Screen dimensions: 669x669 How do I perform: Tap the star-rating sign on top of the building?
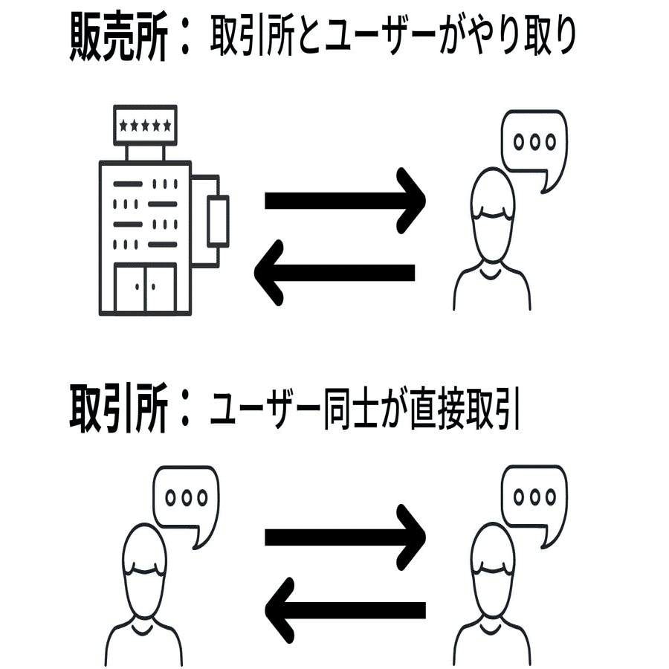pyautogui.click(x=145, y=125)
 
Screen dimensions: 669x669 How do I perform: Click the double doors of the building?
pyautogui.click(x=146, y=288)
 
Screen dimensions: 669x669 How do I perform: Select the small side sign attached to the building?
pyautogui.click(x=218, y=221)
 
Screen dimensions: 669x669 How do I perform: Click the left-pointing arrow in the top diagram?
pyautogui.click(x=334, y=272)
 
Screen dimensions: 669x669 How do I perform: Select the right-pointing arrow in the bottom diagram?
pyautogui.click(x=346, y=537)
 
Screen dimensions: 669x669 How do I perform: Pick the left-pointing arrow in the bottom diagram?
pyautogui.click(x=346, y=610)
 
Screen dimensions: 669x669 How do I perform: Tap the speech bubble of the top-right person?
pyautogui.click(x=534, y=144)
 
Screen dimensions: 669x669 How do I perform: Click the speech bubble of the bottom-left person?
pyautogui.click(x=186, y=500)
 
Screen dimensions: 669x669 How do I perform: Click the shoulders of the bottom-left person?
pyautogui.click(x=143, y=644)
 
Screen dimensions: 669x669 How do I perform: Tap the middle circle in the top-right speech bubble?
pyautogui.click(x=534, y=141)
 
